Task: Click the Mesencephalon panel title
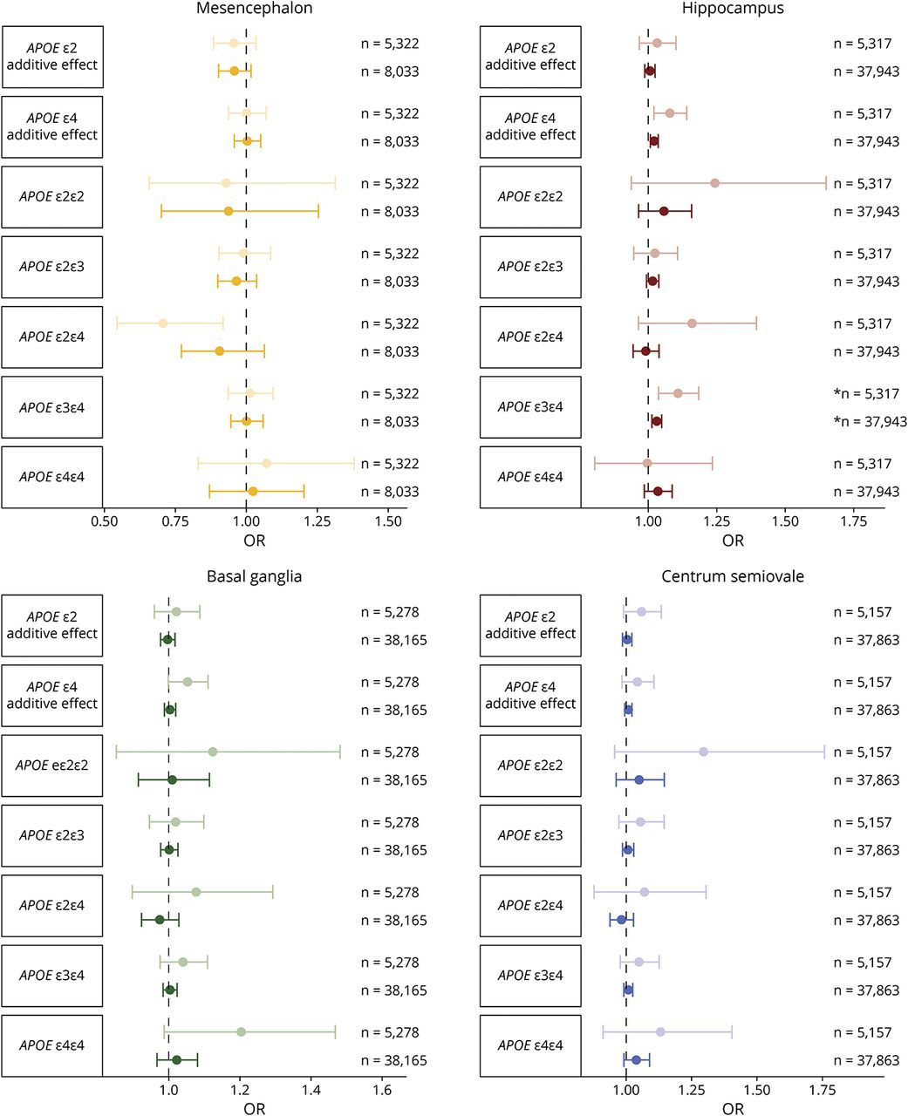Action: pyautogui.click(x=254, y=9)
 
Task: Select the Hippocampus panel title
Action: pyautogui.click(x=733, y=9)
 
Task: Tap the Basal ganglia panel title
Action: pyautogui.click(x=254, y=576)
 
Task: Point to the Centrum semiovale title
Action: pyautogui.click(x=733, y=576)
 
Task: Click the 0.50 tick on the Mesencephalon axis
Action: pyautogui.click(x=104, y=521)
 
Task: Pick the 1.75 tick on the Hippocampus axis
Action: pyautogui.click(x=853, y=521)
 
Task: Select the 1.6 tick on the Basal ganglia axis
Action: pyautogui.click(x=382, y=1090)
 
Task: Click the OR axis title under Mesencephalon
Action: pyautogui.click(x=254, y=541)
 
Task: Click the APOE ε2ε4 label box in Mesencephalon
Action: pyautogui.click(x=52, y=337)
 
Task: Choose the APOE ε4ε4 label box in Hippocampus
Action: pyautogui.click(x=530, y=477)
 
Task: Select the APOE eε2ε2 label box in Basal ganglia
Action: pyautogui.click(x=52, y=766)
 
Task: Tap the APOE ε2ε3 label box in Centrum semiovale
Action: pyautogui.click(x=530, y=835)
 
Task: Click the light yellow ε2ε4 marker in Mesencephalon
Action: pyautogui.click(x=163, y=323)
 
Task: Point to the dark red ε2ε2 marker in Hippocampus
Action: pyautogui.click(x=664, y=211)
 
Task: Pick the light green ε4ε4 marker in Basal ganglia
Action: pyautogui.click(x=241, y=1032)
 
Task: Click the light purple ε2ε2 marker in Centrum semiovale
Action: pyautogui.click(x=703, y=752)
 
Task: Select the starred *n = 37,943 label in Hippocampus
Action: pyautogui.click(x=870, y=422)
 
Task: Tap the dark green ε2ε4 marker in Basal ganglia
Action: pyautogui.click(x=160, y=920)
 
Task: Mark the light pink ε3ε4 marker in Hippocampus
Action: pyautogui.click(x=678, y=393)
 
